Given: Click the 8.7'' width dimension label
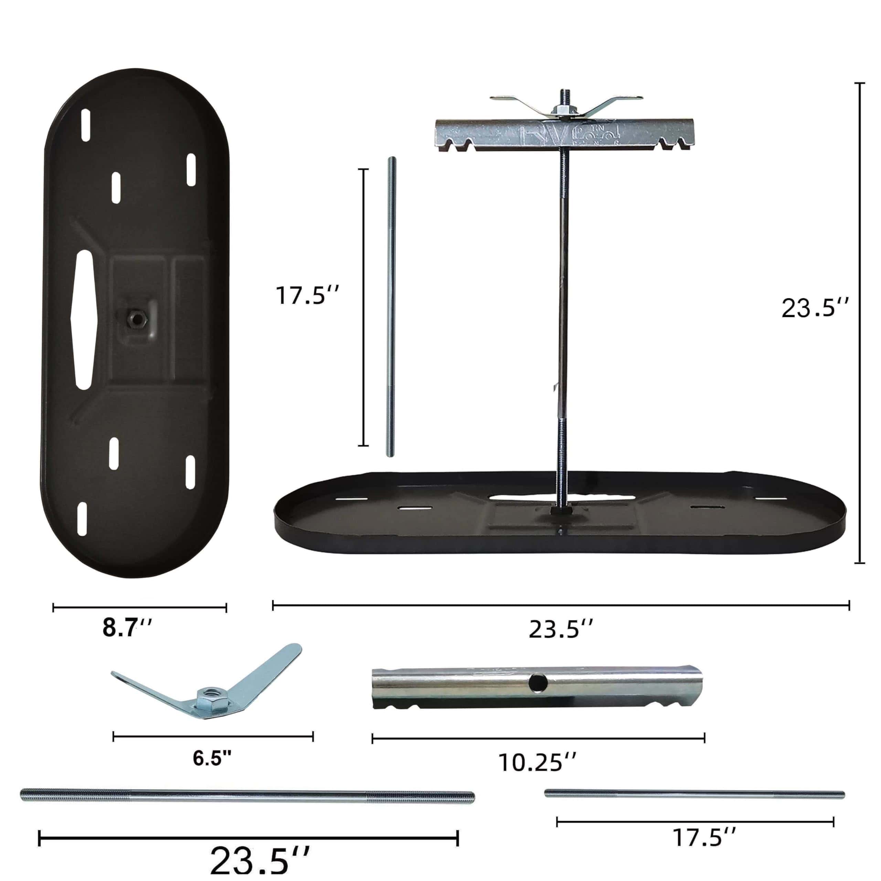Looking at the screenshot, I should click(126, 628).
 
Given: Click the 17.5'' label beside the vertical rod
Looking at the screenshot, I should click(307, 295).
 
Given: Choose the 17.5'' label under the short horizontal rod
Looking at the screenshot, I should click(704, 837).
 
